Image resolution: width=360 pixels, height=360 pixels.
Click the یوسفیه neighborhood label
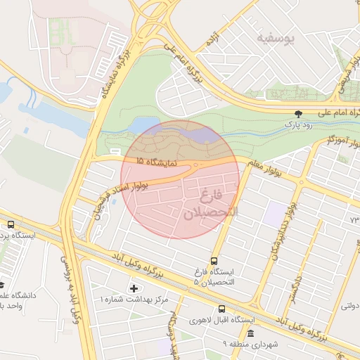point(274,37)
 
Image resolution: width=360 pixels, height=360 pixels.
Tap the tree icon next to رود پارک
point(300,113)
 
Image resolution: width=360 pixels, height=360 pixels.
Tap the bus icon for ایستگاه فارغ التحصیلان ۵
point(214,260)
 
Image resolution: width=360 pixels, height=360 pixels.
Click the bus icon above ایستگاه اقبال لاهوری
point(222,309)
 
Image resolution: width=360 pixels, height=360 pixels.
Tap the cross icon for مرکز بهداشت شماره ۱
point(134,288)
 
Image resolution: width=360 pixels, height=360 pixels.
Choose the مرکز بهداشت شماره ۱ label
point(134,300)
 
